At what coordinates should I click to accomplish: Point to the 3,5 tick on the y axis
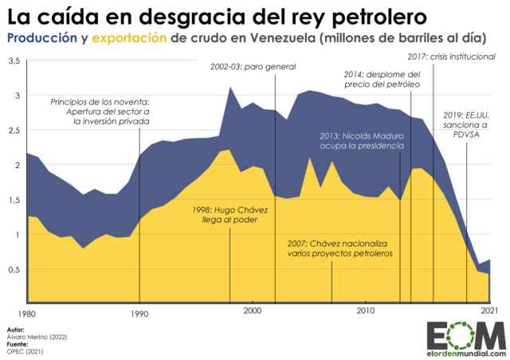click(14, 61)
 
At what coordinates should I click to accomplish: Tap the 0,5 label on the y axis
click(14, 269)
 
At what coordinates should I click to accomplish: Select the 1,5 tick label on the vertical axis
click(14, 200)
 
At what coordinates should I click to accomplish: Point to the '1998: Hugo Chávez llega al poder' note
click(229, 215)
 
